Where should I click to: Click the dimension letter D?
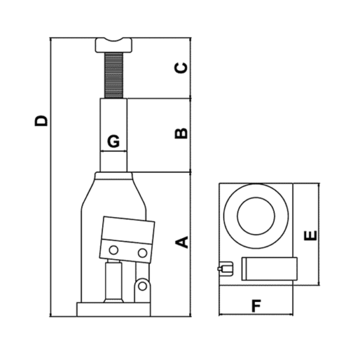coord(41,121)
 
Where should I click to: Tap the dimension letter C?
coord(181,68)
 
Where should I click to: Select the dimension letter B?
coord(181,133)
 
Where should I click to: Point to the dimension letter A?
coord(181,242)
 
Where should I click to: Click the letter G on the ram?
coord(113,141)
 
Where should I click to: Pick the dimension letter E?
coord(310,236)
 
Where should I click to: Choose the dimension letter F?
coord(256,306)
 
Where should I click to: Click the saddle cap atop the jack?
coord(113,45)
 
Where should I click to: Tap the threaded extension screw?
coord(113,76)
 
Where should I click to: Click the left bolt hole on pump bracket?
coord(113,250)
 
